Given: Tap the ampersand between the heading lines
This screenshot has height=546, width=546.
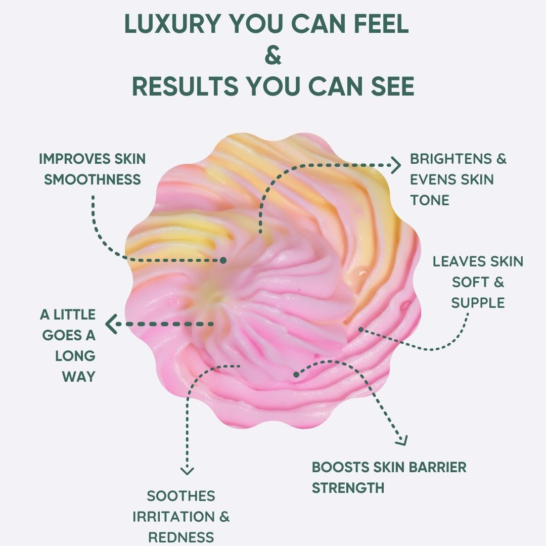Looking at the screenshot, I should (273, 56).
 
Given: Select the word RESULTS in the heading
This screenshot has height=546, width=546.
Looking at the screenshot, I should (185, 86).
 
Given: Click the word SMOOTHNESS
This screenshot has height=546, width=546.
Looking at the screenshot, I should (92, 179).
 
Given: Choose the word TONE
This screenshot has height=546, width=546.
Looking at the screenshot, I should (429, 200).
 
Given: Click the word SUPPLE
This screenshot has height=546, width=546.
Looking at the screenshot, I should (478, 303).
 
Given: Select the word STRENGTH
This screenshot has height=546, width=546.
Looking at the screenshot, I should (348, 488).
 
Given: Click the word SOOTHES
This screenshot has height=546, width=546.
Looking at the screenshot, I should (180, 496).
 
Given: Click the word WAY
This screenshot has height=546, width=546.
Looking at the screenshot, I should (78, 376).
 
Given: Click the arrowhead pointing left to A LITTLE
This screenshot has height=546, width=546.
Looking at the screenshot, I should (110, 324).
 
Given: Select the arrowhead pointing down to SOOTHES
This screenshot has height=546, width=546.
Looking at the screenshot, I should (187, 470).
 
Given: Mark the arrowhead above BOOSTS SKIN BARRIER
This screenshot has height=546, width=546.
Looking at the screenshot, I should (402, 440).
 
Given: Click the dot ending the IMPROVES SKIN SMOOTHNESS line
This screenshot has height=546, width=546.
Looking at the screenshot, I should (223, 260).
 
